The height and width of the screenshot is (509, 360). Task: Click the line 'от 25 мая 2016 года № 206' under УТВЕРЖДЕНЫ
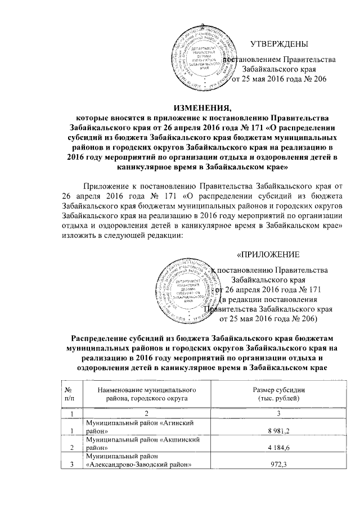[279, 79]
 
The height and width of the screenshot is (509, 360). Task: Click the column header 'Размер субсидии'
[269, 390]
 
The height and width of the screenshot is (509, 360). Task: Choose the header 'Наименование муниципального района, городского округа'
[141, 394]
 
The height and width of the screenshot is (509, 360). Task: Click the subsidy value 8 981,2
[269, 431]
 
